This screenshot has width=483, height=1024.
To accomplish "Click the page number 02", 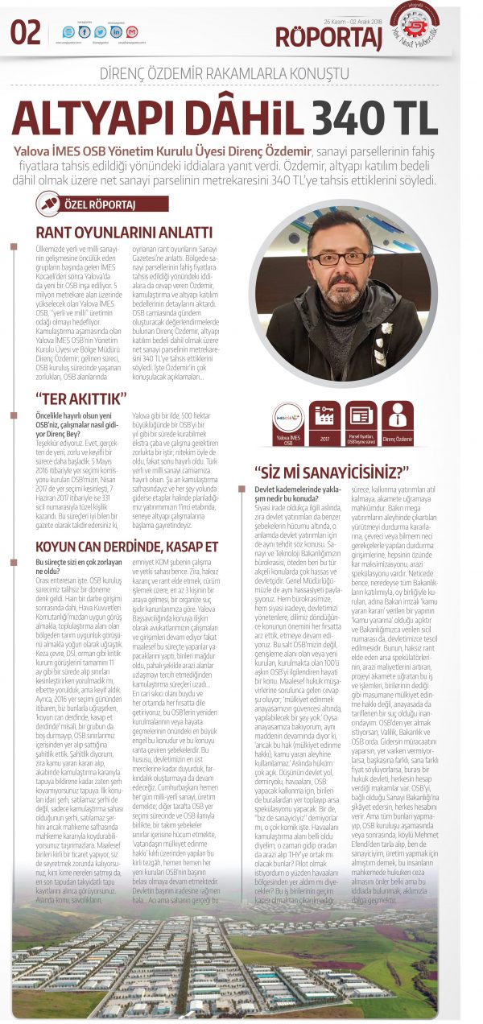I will click(x=26, y=32).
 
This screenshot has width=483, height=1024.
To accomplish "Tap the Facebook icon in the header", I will click(x=84, y=32).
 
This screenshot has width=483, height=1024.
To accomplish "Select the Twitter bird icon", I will click(x=100, y=32).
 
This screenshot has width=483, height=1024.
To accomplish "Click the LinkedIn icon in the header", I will click(x=117, y=32).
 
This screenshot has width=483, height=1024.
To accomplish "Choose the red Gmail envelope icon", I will click(x=132, y=32).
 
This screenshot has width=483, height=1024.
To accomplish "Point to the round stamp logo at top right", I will click(x=414, y=25).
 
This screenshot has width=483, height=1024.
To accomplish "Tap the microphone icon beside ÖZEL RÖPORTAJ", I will click(x=49, y=204).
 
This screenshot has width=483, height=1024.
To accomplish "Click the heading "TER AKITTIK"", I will click(x=81, y=398).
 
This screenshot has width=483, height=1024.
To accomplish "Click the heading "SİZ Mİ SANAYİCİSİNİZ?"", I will click(x=332, y=471).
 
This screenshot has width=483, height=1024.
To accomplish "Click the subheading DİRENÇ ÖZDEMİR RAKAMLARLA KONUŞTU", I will click(x=225, y=73).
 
